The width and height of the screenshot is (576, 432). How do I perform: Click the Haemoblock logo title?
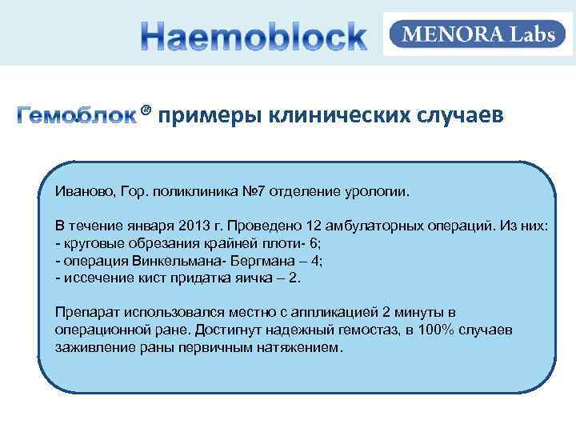click(x=254, y=37)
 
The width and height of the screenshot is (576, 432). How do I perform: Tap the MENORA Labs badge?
click(x=478, y=35)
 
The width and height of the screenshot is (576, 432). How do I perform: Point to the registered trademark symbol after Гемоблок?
click(x=146, y=110)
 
